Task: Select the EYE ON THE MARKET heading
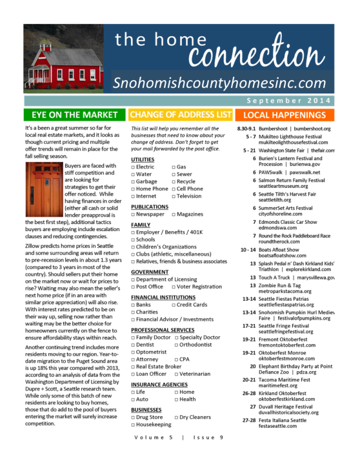click(70, 115)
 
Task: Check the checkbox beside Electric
click(133, 167)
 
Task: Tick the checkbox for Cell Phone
click(174, 189)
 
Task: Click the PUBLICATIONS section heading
click(150, 207)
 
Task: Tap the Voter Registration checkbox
click(174, 287)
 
